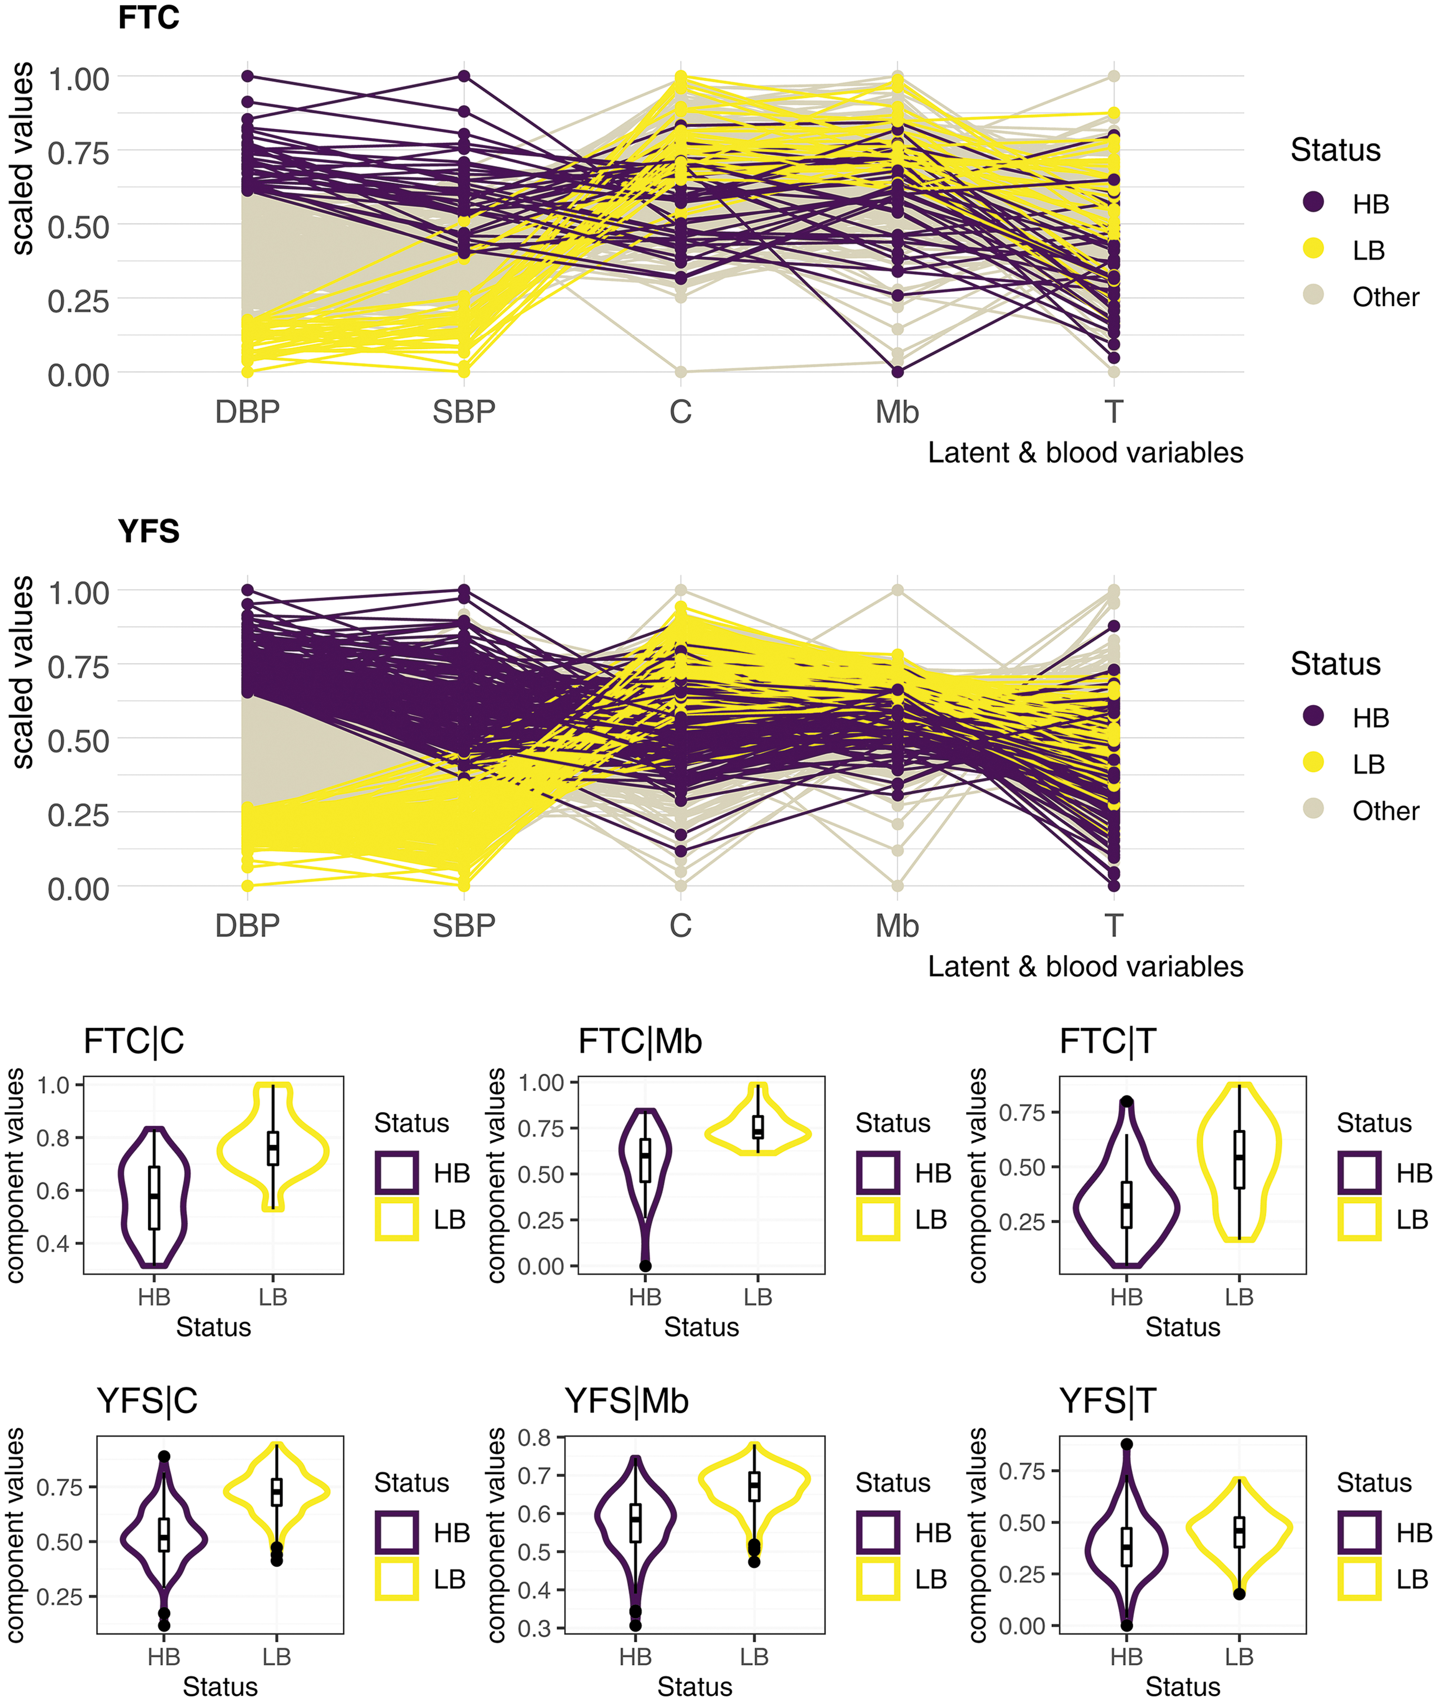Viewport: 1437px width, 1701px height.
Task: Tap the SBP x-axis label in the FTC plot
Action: point(464,412)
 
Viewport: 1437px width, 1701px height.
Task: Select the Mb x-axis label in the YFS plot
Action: point(897,926)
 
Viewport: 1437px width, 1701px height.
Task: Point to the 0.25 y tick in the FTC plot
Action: point(78,301)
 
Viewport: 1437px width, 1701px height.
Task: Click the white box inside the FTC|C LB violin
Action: point(273,1148)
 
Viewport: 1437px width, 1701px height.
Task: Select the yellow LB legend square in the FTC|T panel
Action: point(1360,1219)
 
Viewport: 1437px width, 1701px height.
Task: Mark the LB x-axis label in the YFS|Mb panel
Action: point(754,1656)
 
